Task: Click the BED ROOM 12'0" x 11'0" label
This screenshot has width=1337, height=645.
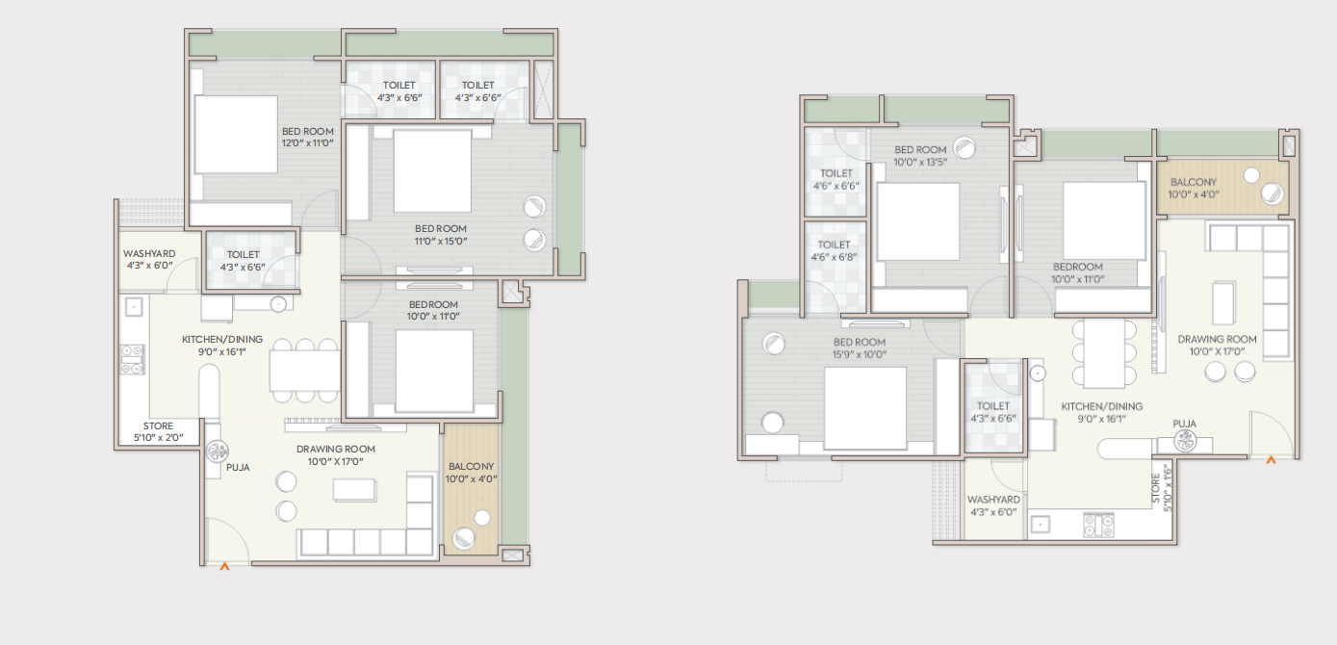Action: coord(307,137)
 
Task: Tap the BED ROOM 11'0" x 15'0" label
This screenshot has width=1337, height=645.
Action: coord(441,235)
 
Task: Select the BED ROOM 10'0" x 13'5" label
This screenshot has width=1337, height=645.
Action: coord(920,156)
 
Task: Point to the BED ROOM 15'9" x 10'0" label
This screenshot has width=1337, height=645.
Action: coord(860,348)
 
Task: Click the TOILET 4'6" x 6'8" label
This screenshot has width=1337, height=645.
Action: coord(834,251)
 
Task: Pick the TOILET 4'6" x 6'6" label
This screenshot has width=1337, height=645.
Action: coord(836,179)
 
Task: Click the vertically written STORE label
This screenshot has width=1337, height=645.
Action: coord(1162,488)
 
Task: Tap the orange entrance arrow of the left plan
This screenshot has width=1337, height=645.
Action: coord(224,566)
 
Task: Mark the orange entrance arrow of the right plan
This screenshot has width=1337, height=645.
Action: coord(1272,460)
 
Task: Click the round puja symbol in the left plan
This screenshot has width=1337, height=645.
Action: coord(216,451)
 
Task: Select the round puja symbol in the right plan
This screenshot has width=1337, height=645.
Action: coord(1185,441)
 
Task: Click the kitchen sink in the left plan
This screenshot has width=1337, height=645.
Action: coord(134,307)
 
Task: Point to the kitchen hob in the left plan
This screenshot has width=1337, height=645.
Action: coord(133,359)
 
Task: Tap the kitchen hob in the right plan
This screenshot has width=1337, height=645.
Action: coord(1099,526)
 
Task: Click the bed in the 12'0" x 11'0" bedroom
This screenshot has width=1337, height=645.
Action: coord(236,135)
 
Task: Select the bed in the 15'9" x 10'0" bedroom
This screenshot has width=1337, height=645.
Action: coord(865,408)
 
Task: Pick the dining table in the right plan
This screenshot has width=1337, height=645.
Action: coord(1104,354)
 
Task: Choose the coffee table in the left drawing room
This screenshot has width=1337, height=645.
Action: coord(354,490)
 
